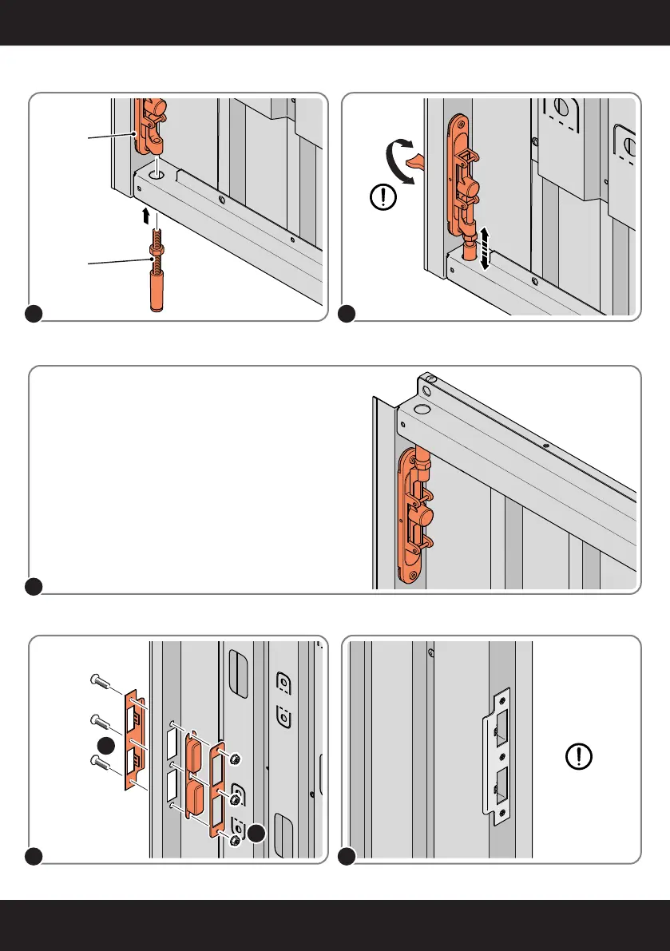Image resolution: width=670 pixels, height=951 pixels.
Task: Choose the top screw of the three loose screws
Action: coord(98,681)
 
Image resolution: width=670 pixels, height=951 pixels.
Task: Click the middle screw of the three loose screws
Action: coord(99,722)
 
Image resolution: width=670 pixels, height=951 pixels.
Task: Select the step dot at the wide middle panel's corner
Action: coord(34,587)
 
